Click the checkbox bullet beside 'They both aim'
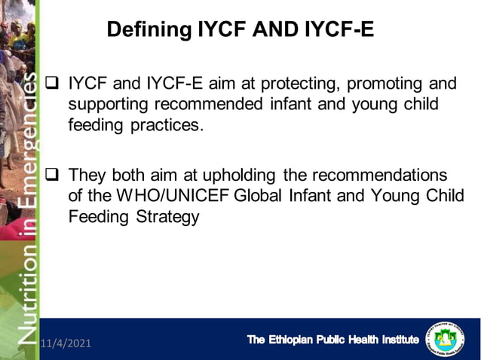pyautogui.click(x=53, y=175)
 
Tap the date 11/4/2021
pyautogui.click(x=66, y=343)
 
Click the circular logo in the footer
pyautogui.click(x=446, y=340)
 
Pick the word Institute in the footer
pyautogui.click(x=392, y=340)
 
